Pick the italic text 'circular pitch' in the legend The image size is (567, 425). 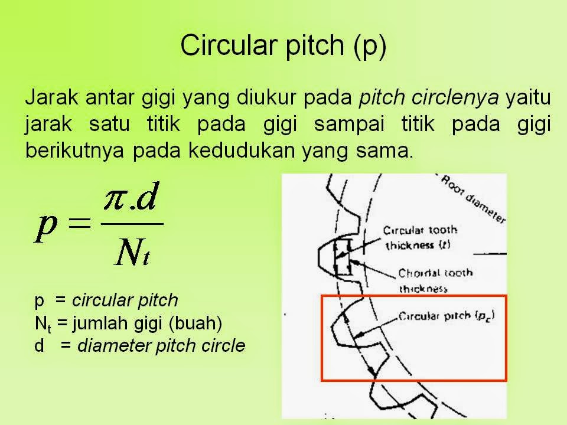125,300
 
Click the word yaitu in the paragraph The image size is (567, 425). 528,99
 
